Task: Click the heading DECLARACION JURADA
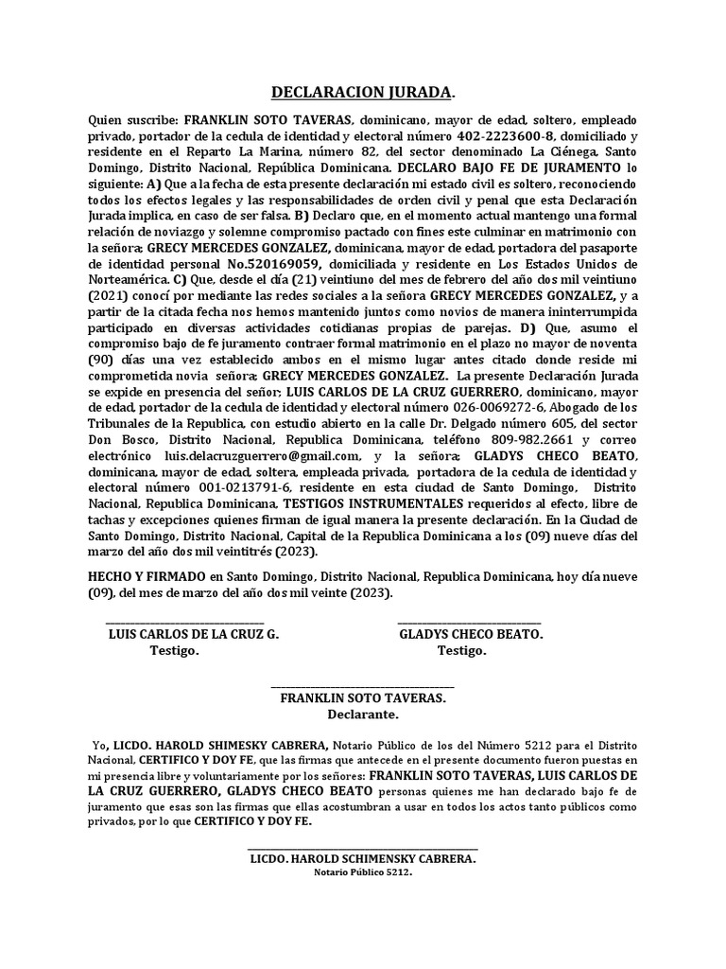362,93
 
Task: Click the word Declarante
363,714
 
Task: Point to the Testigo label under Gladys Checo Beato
462,651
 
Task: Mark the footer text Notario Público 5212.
363,872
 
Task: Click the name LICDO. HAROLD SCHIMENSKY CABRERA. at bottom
363,858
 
